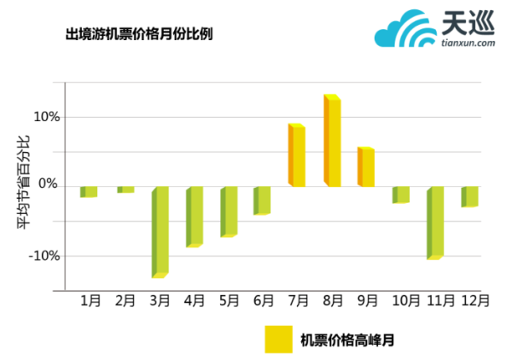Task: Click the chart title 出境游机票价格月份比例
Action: (x=139, y=35)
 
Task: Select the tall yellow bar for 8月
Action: (x=333, y=141)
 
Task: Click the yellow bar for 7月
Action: (x=297, y=155)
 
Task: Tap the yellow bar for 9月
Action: (x=366, y=166)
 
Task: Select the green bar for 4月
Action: (x=195, y=216)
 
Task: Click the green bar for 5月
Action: (x=229, y=211)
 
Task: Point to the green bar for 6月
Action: (x=262, y=200)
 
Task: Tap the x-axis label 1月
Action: (x=90, y=300)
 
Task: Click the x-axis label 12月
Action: (x=475, y=300)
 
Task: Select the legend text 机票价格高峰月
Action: (x=346, y=340)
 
